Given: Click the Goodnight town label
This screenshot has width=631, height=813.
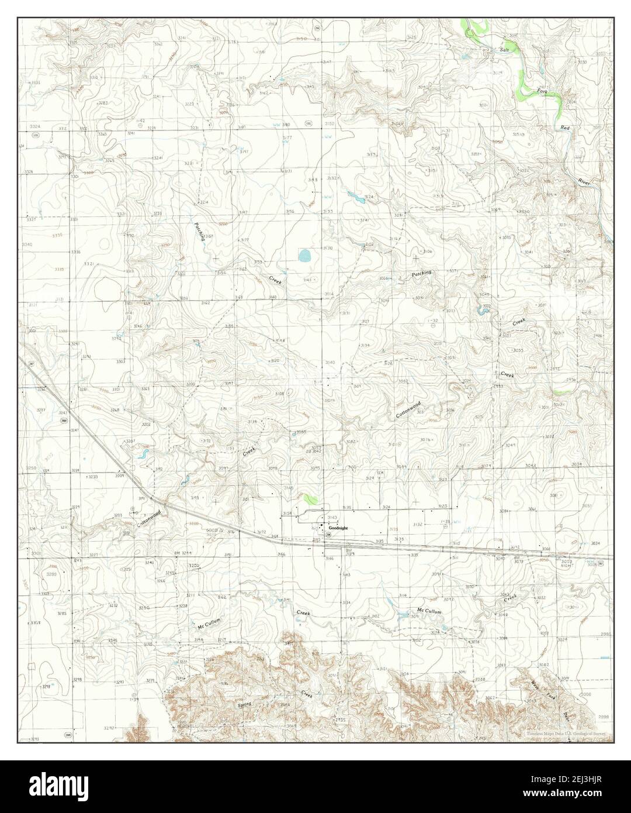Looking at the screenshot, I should click(x=338, y=528).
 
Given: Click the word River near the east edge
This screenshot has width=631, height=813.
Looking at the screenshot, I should click(x=585, y=182).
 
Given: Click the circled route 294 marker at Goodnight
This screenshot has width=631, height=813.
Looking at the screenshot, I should click(x=328, y=535).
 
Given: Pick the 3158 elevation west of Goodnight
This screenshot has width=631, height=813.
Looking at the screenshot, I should click(x=287, y=514).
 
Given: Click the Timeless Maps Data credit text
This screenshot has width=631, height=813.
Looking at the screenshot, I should click(x=565, y=733).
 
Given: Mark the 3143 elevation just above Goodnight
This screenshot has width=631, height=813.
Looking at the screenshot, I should click(x=332, y=518).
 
